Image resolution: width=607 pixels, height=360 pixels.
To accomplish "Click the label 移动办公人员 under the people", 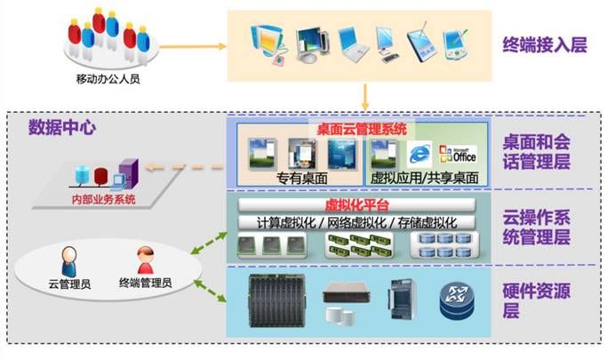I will tap(109, 78).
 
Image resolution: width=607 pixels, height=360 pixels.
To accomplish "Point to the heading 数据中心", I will tap(62, 126).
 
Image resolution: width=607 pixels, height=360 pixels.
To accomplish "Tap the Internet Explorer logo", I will tap(419, 153).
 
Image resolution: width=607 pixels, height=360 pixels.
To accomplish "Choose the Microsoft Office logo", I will tap(461, 152).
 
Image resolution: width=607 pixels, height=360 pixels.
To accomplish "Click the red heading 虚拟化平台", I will tap(357, 204).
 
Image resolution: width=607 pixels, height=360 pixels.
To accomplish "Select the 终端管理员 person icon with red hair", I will tap(145, 260).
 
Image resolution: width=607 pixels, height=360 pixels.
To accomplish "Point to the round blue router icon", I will tap(455, 301).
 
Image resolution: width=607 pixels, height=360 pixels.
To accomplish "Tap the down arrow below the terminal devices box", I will tap(364, 95).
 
